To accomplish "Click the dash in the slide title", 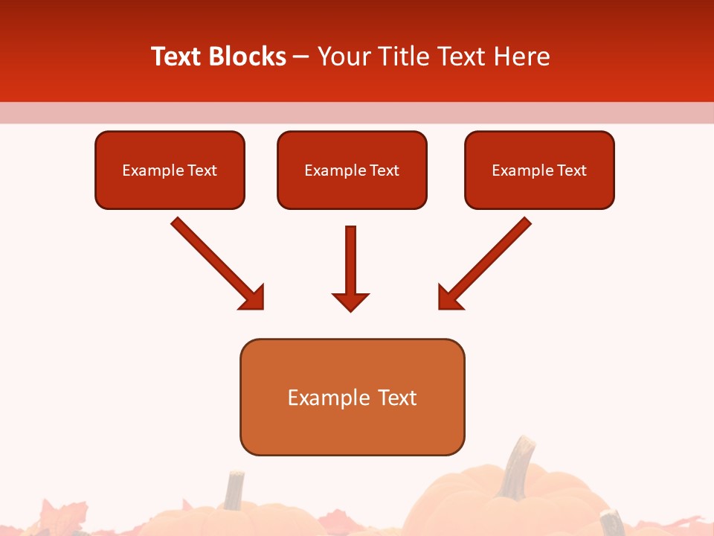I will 302,57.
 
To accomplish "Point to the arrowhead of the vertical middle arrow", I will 350,301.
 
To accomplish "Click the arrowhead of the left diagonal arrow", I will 253,299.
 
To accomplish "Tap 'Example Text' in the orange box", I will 352,398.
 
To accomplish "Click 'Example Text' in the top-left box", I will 170,170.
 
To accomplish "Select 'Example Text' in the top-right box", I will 539,170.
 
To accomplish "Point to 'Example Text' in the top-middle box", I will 352,170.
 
